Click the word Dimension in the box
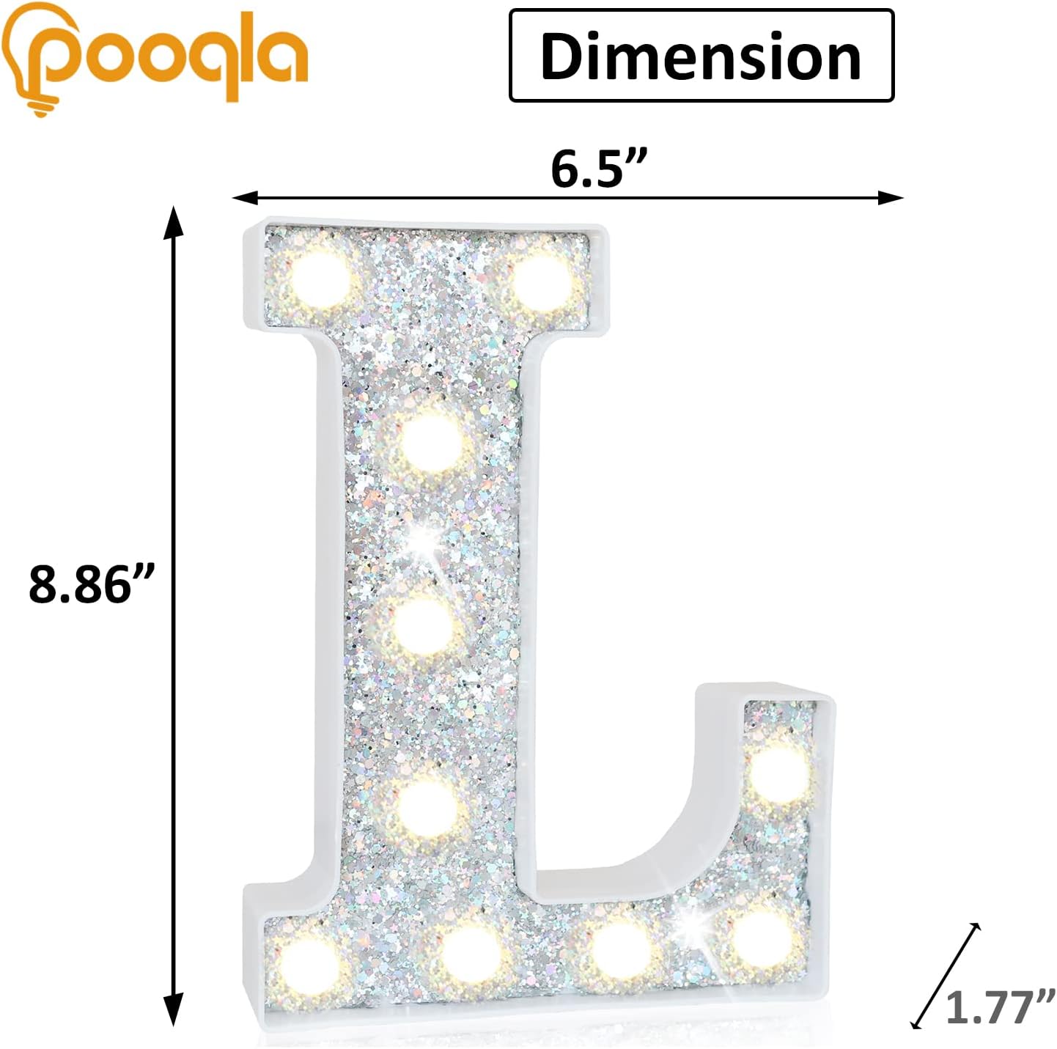tap(701, 56)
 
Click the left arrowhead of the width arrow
tap(245, 197)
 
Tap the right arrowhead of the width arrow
tap(891, 197)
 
